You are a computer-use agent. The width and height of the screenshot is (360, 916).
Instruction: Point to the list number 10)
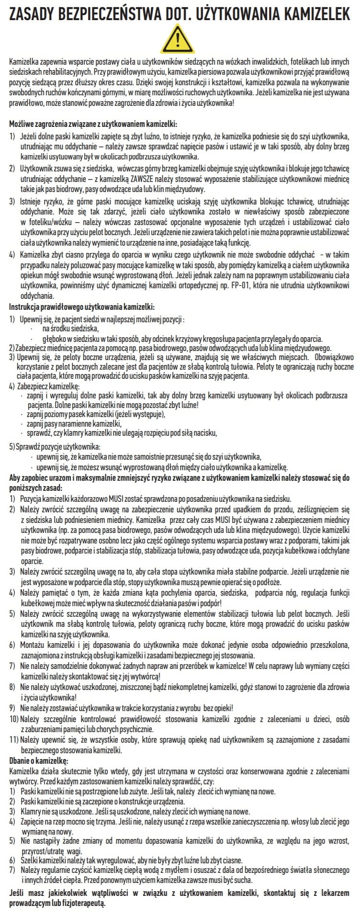[x=14, y=720]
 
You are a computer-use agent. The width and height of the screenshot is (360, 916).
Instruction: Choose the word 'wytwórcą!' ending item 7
[x=146, y=676]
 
